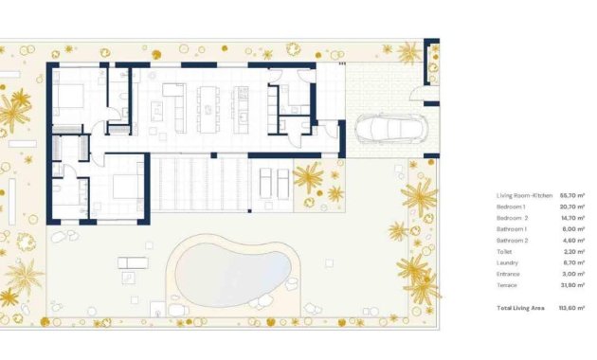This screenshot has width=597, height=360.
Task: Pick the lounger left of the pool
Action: click(134, 262)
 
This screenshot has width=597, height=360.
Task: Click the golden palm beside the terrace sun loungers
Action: click(307, 176)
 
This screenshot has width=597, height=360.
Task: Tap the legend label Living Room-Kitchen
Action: click(523, 195)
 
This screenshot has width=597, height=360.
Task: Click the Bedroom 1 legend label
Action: click(512, 207)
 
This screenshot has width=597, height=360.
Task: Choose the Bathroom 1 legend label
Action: click(513, 229)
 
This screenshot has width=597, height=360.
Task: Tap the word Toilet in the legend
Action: click(504, 252)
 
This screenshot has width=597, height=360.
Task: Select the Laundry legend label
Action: click(507, 263)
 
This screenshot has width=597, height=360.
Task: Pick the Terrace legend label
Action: click(507, 286)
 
